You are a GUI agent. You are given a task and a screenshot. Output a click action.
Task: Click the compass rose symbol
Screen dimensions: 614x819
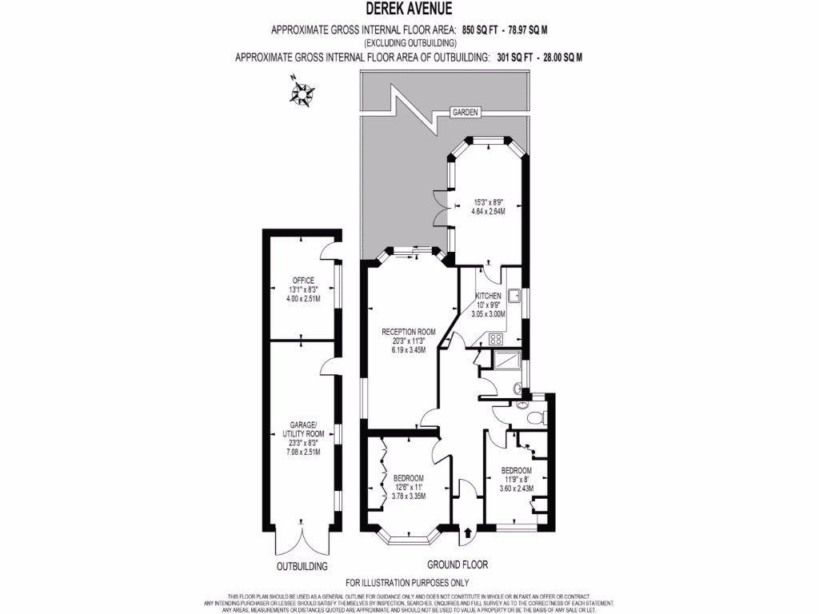(302, 90)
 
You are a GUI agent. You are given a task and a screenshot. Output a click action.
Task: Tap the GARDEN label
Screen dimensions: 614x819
(464, 114)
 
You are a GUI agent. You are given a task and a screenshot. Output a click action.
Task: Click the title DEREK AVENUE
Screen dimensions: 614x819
(409, 10)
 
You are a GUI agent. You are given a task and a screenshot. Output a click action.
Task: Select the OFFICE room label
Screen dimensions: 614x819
(303, 280)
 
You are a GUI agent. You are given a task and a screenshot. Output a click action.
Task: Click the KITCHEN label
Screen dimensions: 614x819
(488, 296)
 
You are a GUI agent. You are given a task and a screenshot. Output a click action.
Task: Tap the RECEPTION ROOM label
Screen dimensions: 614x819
(408, 332)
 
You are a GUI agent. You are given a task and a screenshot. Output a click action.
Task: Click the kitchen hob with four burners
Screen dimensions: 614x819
(484, 338)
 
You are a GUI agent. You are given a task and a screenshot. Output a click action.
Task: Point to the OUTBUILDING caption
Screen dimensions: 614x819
(302, 566)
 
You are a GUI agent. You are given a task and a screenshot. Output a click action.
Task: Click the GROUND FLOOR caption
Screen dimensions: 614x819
(457, 563)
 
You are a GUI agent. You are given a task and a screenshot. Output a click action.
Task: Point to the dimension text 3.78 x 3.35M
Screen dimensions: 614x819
(408, 496)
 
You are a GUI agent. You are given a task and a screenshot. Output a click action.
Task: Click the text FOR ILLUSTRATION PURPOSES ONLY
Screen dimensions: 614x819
(407, 583)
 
